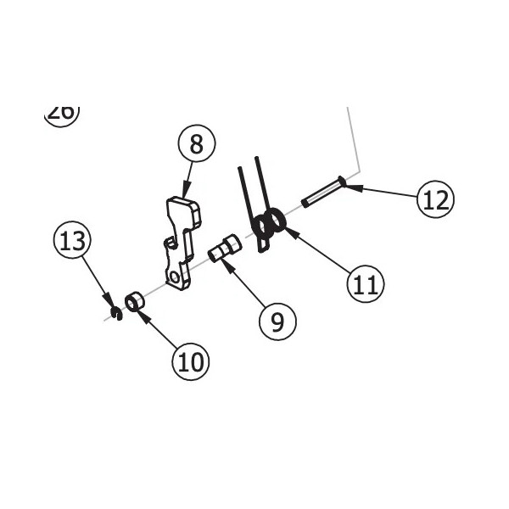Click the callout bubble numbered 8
[197, 145]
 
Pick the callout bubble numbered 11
[365, 283]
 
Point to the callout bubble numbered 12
[436, 200]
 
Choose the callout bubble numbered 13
[72, 241]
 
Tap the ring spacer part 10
[134, 301]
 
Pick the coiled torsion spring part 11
[270, 225]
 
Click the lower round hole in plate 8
[176, 276]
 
